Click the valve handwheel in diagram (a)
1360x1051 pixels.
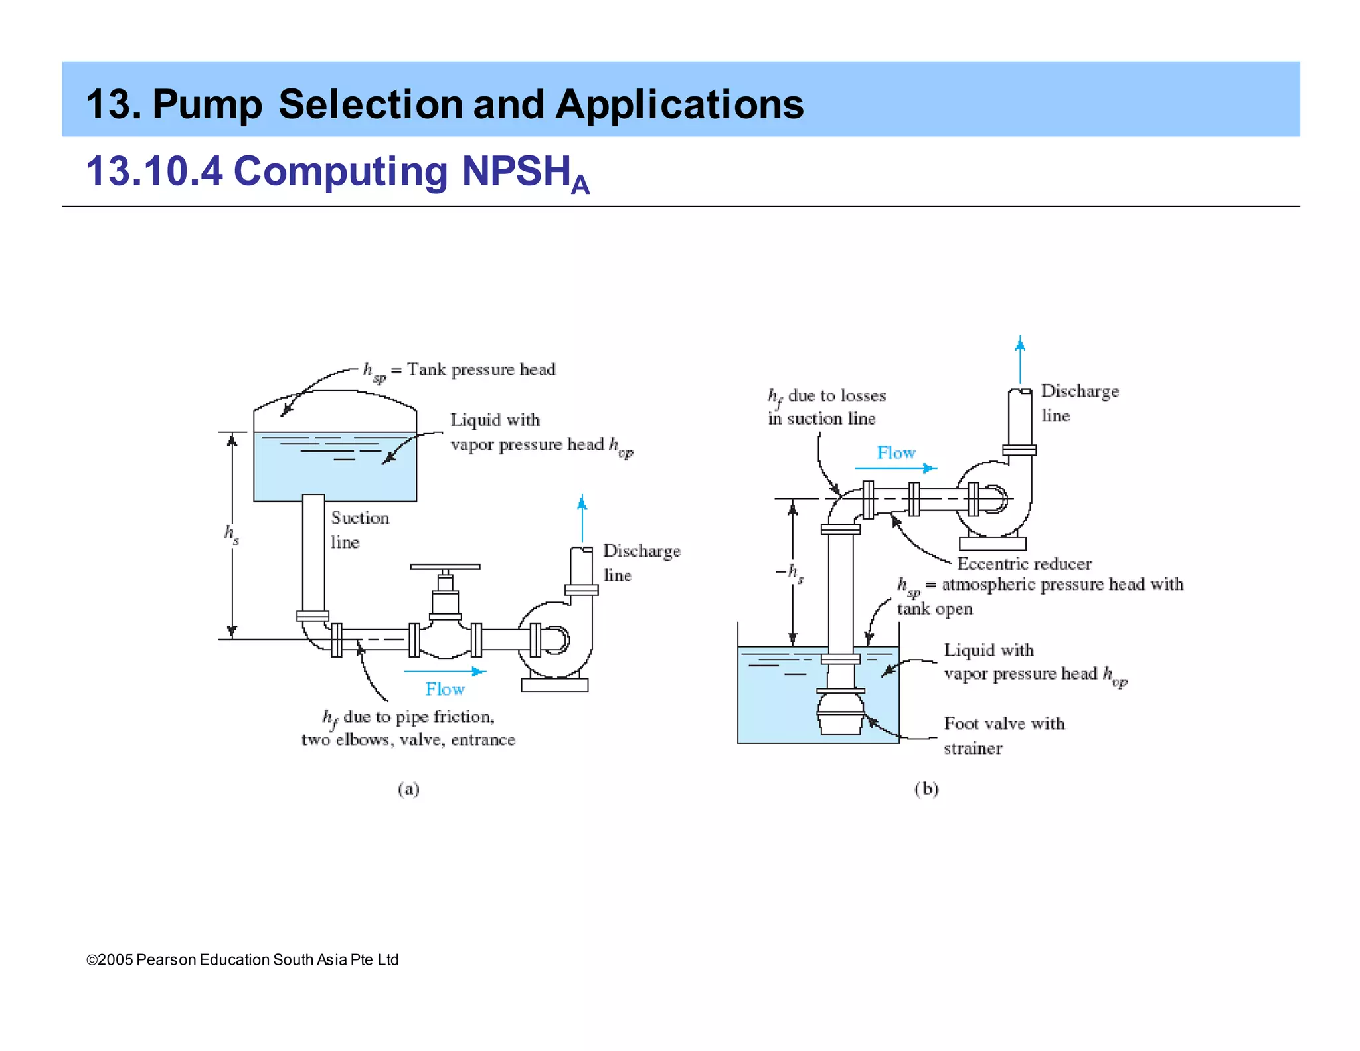[445, 567]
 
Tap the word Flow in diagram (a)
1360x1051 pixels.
[444, 689]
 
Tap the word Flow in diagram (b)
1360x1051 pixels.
[896, 453]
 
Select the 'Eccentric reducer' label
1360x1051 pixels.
[1024, 564]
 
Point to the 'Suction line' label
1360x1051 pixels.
[359, 529]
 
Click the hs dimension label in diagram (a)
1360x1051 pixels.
[231, 534]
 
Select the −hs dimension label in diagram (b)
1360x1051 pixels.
[790, 573]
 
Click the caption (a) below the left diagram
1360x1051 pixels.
[408, 789]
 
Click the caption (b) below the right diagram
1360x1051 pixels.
[926, 789]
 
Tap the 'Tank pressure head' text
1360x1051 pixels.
[481, 369]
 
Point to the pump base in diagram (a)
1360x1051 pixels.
[554, 684]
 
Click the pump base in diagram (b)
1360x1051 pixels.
[993, 543]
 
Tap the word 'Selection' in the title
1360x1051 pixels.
[369, 104]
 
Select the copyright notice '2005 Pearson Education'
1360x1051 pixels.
[242, 959]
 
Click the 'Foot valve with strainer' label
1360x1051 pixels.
[1003, 735]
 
